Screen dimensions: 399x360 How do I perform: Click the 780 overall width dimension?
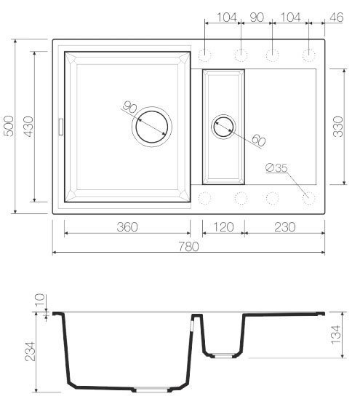pyautogui.click(x=190, y=246)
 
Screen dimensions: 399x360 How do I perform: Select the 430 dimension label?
pyautogui.click(x=28, y=128)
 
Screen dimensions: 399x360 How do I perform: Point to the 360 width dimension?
pyautogui.click(x=127, y=227)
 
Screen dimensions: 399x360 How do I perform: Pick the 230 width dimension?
pyautogui.click(x=284, y=227)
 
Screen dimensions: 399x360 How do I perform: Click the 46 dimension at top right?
pyautogui.click(x=337, y=17)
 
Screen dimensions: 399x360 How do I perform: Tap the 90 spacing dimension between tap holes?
pyautogui.click(x=256, y=17)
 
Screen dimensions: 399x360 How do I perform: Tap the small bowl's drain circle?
pyautogui.click(x=223, y=127)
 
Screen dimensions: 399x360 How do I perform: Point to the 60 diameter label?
pyautogui.click(x=258, y=138)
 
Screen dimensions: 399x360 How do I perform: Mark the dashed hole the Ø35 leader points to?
pyautogui.click(x=308, y=197)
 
